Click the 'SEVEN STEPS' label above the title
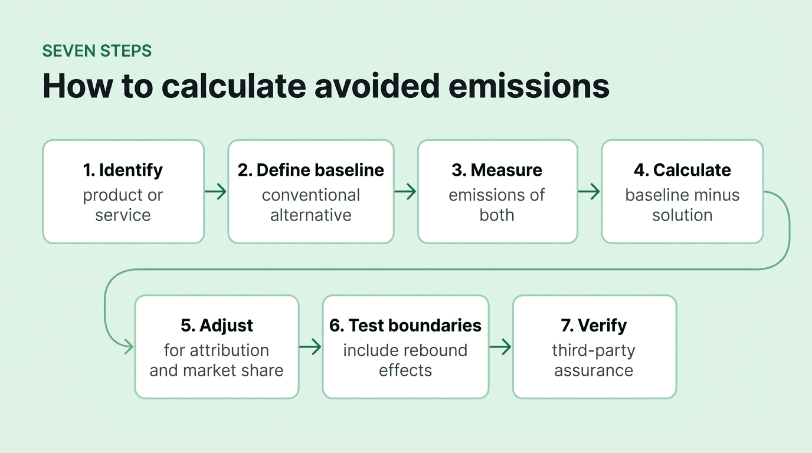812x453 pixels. point(97,51)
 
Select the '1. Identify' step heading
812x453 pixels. point(123,170)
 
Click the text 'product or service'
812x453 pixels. point(123,205)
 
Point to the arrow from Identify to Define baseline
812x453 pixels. point(215,191)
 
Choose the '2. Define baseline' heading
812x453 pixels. point(311,170)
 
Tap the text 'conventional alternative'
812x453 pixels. point(311,205)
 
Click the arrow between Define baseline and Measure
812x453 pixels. point(405,191)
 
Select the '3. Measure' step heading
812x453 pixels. point(497,170)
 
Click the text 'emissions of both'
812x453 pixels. point(497,205)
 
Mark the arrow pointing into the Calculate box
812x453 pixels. point(589,191)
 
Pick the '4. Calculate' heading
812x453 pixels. point(682,170)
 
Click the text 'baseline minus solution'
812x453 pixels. point(682,205)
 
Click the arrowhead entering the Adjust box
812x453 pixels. point(127,347)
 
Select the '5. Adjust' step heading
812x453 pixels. point(217,325)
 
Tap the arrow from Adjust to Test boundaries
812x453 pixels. point(310,347)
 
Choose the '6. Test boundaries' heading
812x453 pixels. point(405,325)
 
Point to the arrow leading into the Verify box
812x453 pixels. point(500,347)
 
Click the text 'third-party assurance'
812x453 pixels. point(594,360)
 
